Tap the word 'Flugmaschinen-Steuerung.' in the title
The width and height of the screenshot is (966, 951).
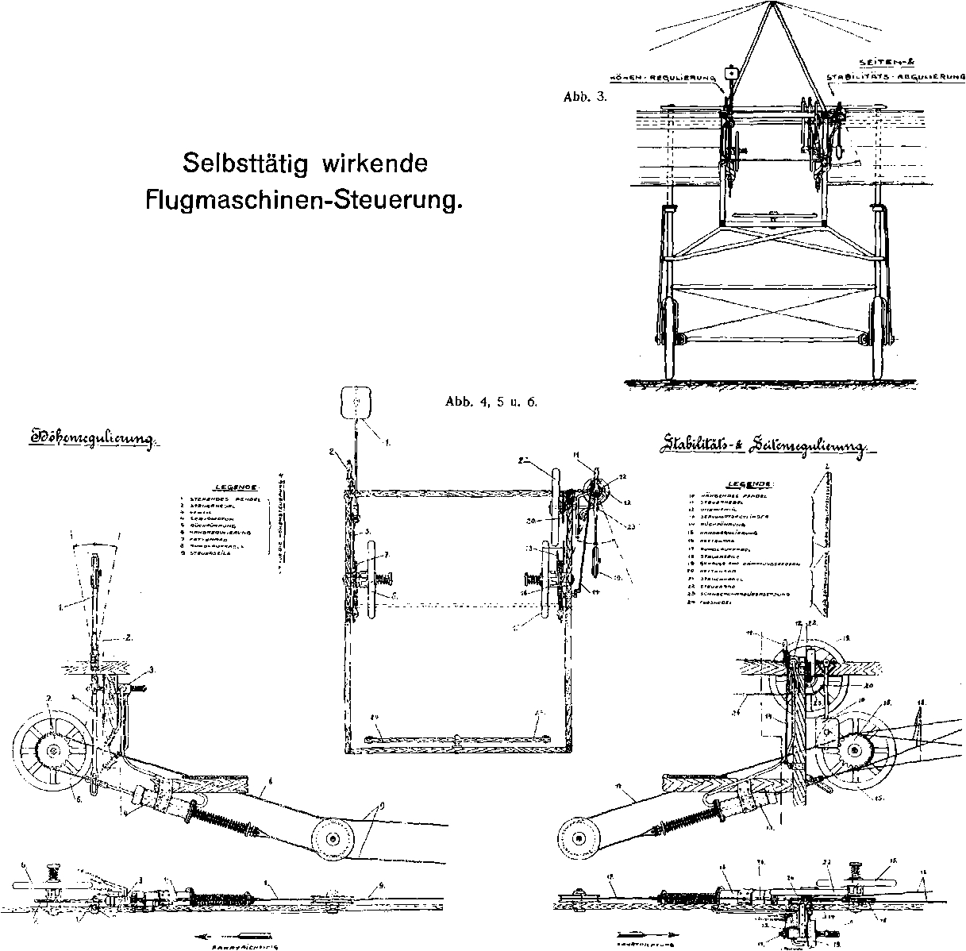point(303,199)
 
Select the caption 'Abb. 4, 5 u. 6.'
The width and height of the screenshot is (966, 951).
point(492,402)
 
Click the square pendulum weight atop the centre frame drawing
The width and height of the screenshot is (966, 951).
point(356,402)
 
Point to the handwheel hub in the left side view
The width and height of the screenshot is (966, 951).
point(52,749)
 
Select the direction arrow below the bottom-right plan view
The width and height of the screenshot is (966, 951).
point(645,934)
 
